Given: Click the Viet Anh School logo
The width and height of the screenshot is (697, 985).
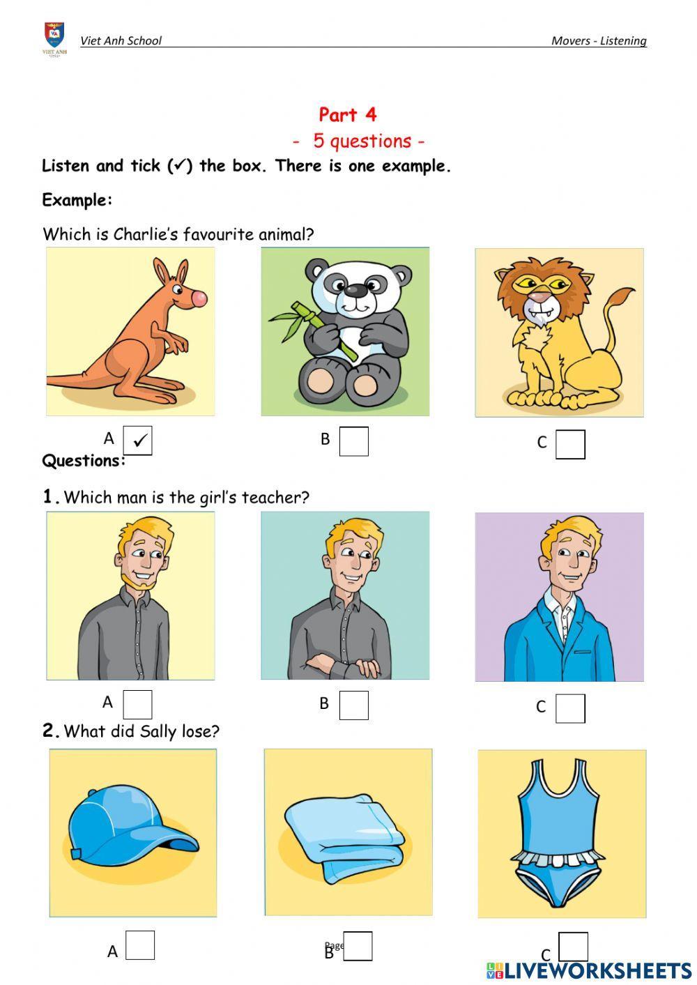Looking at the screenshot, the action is point(54,39).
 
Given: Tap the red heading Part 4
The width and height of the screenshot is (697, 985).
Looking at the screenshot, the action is point(347,115).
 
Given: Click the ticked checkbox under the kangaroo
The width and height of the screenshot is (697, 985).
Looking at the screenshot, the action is point(137,440).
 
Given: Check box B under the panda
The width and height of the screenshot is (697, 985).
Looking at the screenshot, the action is point(354,441).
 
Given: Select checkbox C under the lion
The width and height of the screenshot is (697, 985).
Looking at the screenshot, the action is point(570,444).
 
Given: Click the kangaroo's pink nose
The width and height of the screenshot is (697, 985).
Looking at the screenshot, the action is point(199,298).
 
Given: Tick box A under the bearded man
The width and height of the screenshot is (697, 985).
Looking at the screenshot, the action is point(137,705).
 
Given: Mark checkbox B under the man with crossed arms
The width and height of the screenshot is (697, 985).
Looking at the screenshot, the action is point(354,705).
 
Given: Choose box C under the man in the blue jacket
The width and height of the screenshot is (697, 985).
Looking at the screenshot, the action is point(570,708).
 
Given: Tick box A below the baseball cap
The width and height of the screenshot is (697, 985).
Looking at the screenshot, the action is point(140,945).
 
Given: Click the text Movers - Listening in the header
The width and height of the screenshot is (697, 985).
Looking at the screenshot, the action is point(599,40).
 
